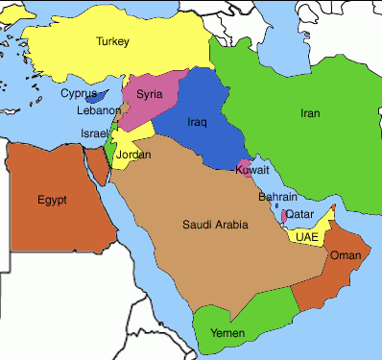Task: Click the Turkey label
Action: (113, 41)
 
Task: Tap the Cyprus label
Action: (79, 94)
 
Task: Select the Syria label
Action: (149, 94)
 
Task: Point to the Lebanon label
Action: (99, 110)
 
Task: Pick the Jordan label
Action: (133, 155)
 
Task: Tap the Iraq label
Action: (197, 123)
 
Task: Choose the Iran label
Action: (310, 113)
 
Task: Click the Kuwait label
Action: (251, 170)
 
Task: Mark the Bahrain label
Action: (277, 197)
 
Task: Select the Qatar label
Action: (299, 213)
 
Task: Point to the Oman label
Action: (345, 256)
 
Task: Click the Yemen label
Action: (227, 332)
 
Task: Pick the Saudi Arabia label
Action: (215, 225)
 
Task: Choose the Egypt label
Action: (53, 200)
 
